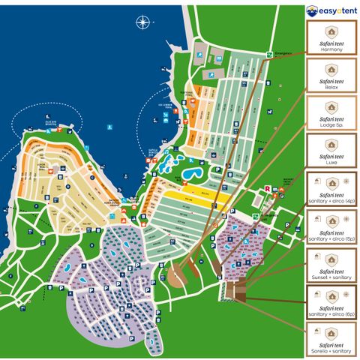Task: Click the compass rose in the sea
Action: (142, 22)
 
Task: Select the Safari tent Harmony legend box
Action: (331, 39)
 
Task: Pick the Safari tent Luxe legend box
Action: (331, 152)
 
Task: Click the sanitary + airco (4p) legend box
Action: (331, 190)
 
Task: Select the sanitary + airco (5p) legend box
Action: (331, 228)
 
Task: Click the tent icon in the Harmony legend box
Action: (331, 31)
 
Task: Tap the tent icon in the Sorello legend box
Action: (331, 333)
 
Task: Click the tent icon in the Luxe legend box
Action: (331, 145)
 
